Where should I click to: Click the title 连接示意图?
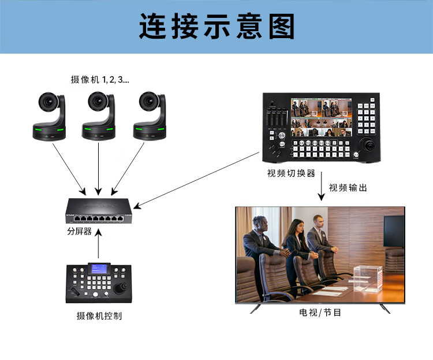point(216,26)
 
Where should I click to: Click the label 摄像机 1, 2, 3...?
point(100,80)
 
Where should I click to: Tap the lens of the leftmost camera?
point(48,102)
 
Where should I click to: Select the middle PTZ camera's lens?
point(98,101)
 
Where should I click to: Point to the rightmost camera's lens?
point(148,101)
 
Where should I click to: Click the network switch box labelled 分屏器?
point(99,210)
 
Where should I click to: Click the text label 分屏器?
point(79,231)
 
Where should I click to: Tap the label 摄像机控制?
point(99,316)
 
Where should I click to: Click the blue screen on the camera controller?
point(99,268)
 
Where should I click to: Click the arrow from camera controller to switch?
point(98,243)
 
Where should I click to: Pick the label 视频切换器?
point(291,173)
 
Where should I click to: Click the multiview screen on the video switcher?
point(321,117)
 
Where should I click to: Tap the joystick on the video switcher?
point(368,145)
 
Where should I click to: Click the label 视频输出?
point(348,188)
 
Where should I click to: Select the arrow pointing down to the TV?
point(321,186)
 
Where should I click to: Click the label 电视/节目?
point(320,313)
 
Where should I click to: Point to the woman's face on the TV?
point(297,227)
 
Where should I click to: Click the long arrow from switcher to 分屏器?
point(196,180)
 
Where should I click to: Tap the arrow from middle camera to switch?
point(98,169)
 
